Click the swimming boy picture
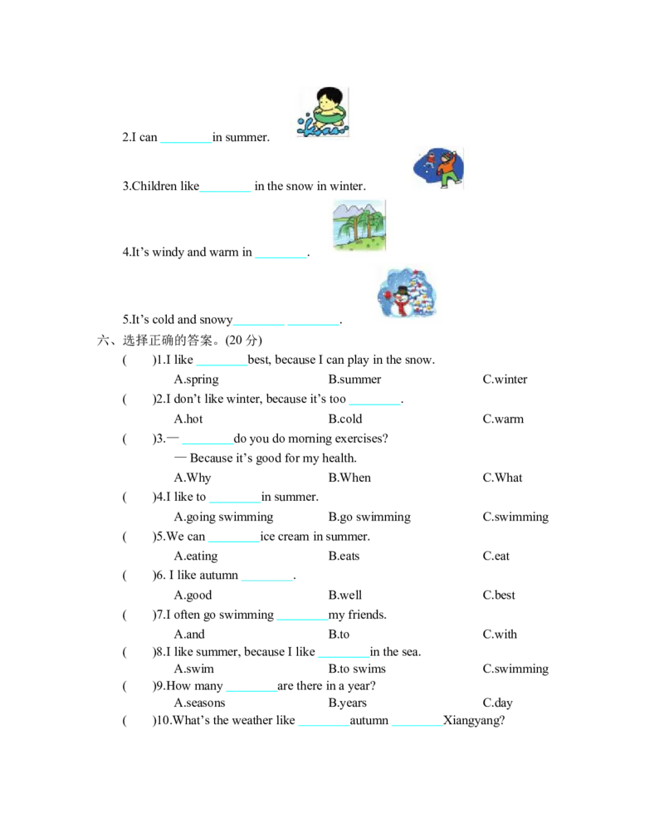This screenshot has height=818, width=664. coord(323,112)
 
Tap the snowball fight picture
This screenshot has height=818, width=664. coord(437,168)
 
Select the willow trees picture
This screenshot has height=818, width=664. coord(359,225)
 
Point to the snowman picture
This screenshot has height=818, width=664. coord(407,292)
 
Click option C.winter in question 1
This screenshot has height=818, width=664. coord(505,380)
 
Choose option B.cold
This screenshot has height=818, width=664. coord(345,419)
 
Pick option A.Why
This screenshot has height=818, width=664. coord(193,478)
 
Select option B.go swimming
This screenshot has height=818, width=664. coord(369,517)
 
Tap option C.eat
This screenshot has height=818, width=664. coord(496,556)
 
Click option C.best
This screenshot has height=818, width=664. coord(499,595)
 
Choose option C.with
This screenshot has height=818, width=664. coord(500,634)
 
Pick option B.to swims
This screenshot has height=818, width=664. coord(357,669)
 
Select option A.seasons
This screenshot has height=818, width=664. coord(200,703)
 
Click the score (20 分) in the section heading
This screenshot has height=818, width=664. coord(243,340)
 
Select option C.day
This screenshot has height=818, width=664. coord(498,703)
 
